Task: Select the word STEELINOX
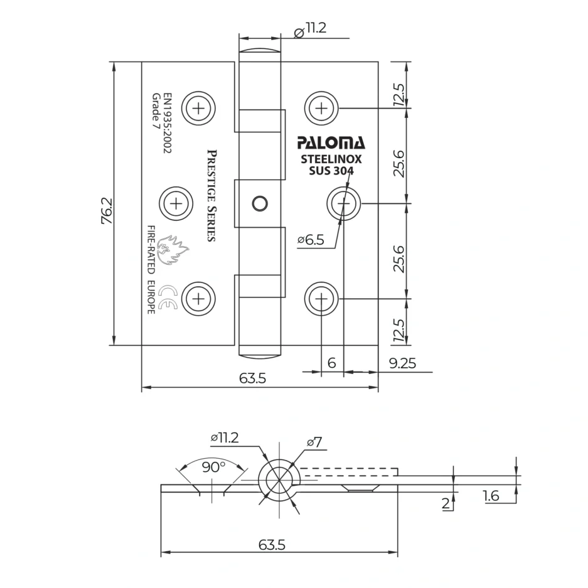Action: coord(331,159)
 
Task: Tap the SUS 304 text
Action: coord(331,171)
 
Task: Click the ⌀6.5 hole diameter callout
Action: coord(311,240)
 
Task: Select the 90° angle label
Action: coord(213,467)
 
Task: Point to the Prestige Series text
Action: coord(211,195)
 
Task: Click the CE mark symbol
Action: coord(168,298)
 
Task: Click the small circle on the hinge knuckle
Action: coord(259,203)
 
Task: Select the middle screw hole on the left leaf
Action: coord(176,203)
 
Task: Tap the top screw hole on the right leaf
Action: coord(321,108)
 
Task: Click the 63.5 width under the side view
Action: coord(272,545)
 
